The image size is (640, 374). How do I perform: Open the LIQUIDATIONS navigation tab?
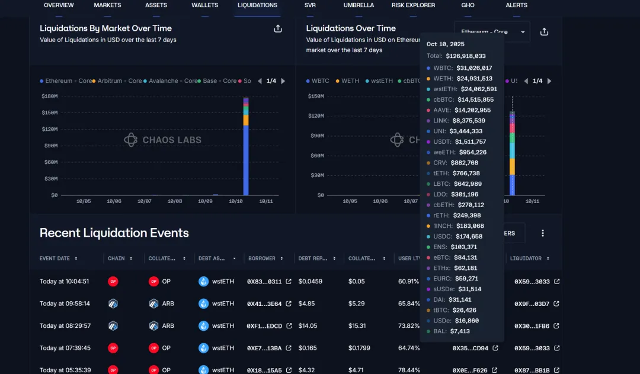click(257, 5)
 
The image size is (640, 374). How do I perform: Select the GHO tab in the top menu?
click(468, 5)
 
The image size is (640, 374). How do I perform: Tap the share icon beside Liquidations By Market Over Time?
click(278, 29)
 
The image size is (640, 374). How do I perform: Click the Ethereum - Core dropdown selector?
click(492, 32)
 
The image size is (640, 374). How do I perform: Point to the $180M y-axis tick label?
click(49, 96)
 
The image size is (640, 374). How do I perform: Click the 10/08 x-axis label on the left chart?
click(175, 201)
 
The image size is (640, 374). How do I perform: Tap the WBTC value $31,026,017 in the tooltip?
click(474, 68)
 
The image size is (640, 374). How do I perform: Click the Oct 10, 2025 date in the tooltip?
click(446, 44)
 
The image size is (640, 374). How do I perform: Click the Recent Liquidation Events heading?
click(114, 233)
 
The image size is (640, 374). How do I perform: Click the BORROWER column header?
click(261, 259)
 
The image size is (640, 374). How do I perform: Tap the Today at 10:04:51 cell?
click(64, 282)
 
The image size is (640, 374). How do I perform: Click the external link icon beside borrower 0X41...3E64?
click(289, 304)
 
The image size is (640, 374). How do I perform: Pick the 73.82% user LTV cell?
click(408, 326)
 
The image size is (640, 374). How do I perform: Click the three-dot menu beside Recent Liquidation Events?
click(543, 233)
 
